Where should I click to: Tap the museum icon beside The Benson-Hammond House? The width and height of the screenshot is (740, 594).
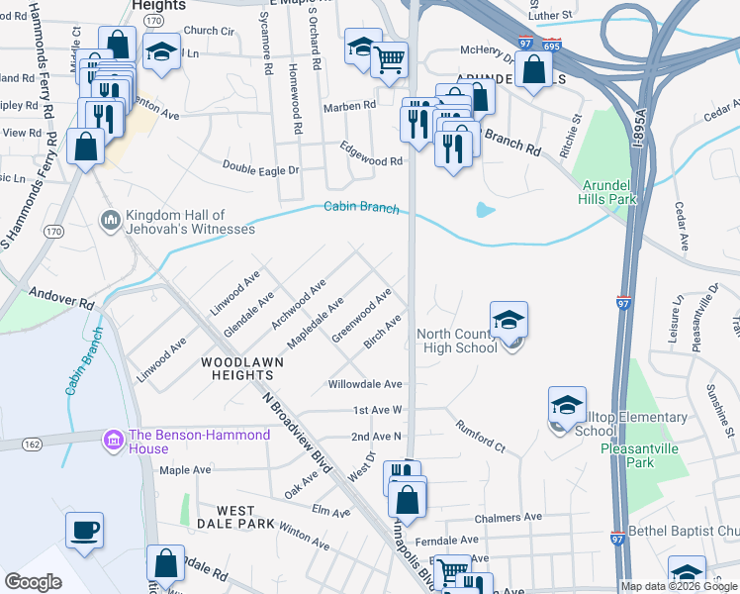[113, 437]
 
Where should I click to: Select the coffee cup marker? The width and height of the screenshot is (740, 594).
[84, 529]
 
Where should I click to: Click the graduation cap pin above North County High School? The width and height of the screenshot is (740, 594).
[509, 320]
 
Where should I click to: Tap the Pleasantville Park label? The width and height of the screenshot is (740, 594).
[640, 455]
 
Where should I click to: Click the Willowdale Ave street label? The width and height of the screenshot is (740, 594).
[365, 383]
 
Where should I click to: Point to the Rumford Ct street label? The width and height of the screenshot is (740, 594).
[480, 437]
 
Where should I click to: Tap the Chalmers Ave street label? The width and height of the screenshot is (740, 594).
[508, 517]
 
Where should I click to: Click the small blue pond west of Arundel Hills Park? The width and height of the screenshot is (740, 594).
[484, 210]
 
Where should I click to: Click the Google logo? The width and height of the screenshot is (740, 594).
[33, 582]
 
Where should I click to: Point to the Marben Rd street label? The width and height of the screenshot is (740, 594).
[356, 105]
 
